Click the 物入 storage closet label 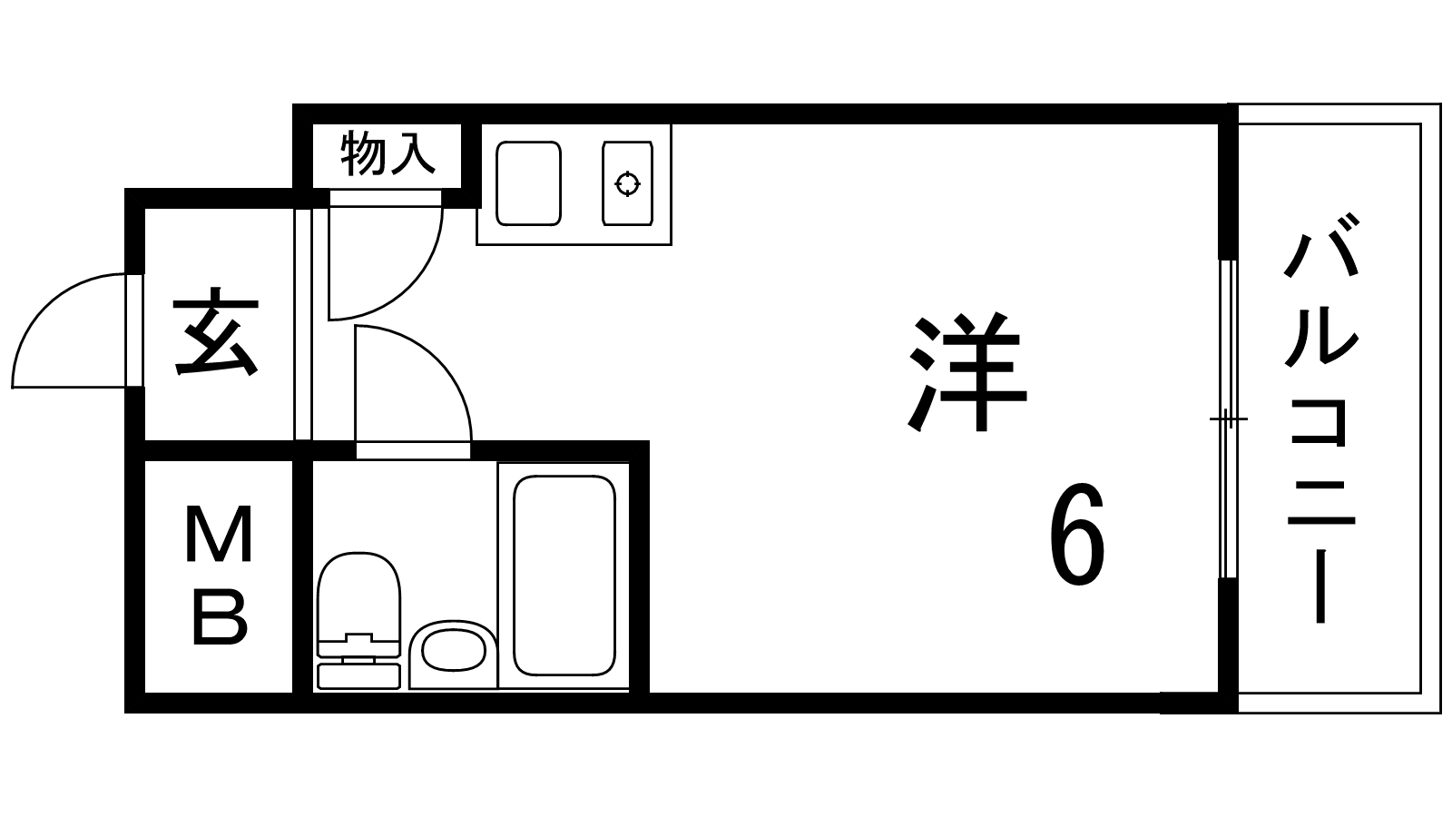tap(388, 153)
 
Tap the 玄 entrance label tap(217, 331)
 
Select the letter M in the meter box tap(219, 534)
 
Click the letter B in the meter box tap(221, 618)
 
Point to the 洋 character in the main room tap(967, 373)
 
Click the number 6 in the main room tap(1076, 534)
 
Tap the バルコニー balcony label tap(1321, 418)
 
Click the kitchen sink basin tap(528, 183)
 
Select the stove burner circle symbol tap(627, 183)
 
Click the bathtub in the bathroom tap(564, 576)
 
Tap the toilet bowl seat tap(358, 596)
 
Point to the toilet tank tap(358, 675)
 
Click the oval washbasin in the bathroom tap(453, 650)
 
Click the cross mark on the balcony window tap(1229, 419)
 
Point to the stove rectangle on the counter tap(627, 183)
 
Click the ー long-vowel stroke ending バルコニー tap(1320, 586)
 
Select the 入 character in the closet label tap(412, 153)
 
